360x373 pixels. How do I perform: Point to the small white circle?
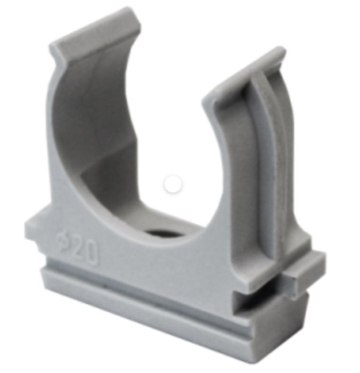(x=173, y=184)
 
